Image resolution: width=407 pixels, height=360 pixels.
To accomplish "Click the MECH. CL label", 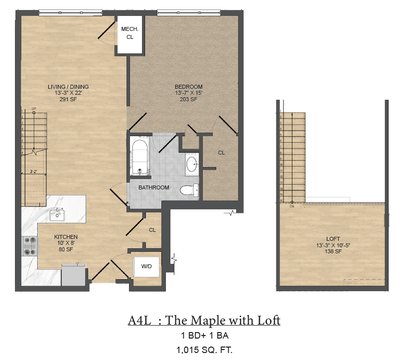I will coord(130,33).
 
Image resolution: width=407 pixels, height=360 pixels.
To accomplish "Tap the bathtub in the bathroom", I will coord(139,156).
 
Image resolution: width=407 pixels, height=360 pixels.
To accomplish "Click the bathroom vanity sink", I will coord(192,163).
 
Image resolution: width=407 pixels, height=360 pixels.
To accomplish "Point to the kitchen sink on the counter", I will coord(56,215).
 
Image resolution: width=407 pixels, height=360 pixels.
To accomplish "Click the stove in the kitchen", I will coord(30,245).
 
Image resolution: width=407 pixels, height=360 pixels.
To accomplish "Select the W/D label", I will coord(146,266).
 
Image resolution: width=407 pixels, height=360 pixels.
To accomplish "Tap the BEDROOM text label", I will coord(189,87).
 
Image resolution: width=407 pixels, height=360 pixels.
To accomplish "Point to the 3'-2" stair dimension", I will coord(34,172).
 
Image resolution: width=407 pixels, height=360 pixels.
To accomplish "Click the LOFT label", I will coord(333,239).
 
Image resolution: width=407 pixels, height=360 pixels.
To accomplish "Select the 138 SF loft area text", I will coord(333,252).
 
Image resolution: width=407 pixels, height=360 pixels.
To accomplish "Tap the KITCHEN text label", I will coord(66,237).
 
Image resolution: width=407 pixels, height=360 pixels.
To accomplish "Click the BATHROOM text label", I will coord(153,187).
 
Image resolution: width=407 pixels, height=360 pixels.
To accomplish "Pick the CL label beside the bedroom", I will coord(221,153).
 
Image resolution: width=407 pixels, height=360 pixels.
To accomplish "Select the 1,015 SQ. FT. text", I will coord(204,350).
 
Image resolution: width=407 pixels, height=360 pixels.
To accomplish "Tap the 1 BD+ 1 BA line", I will coord(204,336).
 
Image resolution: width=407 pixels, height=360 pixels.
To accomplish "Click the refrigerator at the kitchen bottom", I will coord(73,275).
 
